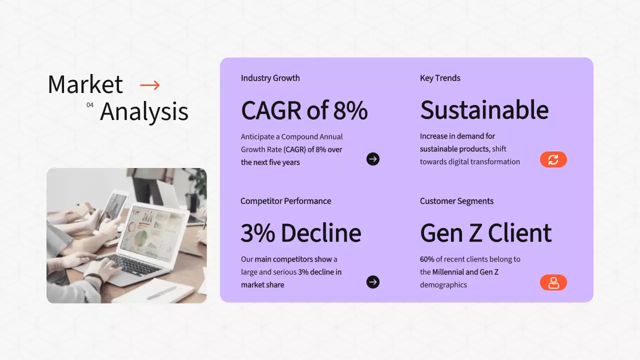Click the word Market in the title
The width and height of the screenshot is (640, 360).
(85, 84)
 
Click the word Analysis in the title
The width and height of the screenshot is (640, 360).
(144, 112)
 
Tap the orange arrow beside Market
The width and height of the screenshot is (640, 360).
(149, 85)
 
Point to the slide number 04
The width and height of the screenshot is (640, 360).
(90, 105)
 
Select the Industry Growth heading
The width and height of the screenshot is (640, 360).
(270, 78)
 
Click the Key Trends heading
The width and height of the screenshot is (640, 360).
(440, 78)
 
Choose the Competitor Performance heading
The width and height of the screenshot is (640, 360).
(285, 201)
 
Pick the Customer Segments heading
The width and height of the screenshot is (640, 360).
(456, 201)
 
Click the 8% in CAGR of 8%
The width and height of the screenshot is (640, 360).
(350, 110)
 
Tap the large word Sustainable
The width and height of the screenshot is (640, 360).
(484, 110)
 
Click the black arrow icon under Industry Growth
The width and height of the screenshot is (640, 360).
(373, 159)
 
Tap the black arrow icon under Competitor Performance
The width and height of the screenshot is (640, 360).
(373, 282)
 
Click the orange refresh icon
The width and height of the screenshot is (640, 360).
(553, 159)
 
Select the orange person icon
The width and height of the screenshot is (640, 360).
(553, 282)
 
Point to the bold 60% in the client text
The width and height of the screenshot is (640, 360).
(427, 259)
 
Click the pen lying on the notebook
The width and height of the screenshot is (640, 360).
(161, 292)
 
